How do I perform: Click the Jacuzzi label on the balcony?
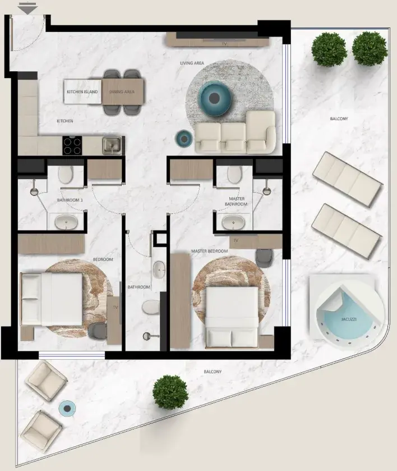pyautogui.click(x=349, y=319)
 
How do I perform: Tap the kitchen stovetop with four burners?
pyautogui.click(x=72, y=145)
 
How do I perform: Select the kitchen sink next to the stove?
pyautogui.click(x=112, y=146)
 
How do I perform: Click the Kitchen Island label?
pyautogui.click(x=82, y=92)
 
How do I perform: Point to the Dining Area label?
pyautogui.click(x=122, y=92)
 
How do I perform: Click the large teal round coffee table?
pyautogui.click(x=214, y=98)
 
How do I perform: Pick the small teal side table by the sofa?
pyautogui.click(x=184, y=139)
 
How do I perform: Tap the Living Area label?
pyautogui.click(x=192, y=63)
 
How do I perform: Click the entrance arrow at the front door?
pyautogui.click(x=27, y=8)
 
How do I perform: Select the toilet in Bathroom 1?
pyautogui.click(x=66, y=174)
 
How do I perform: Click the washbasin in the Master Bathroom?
pyautogui.click(x=233, y=222)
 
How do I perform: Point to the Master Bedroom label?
pyautogui.click(x=210, y=251)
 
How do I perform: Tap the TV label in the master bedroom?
pyautogui.click(x=236, y=240)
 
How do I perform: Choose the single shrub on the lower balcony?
pyautogui.click(x=170, y=392)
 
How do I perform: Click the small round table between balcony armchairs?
pyautogui.click(x=67, y=409)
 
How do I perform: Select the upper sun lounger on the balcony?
pyautogui.click(x=348, y=180)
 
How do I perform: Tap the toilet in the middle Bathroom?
pyautogui.click(x=151, y=307)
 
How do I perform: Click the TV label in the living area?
pyautogui.click(x=224, y=44)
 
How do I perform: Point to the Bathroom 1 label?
pyautogui.click(x=70, y=200)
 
